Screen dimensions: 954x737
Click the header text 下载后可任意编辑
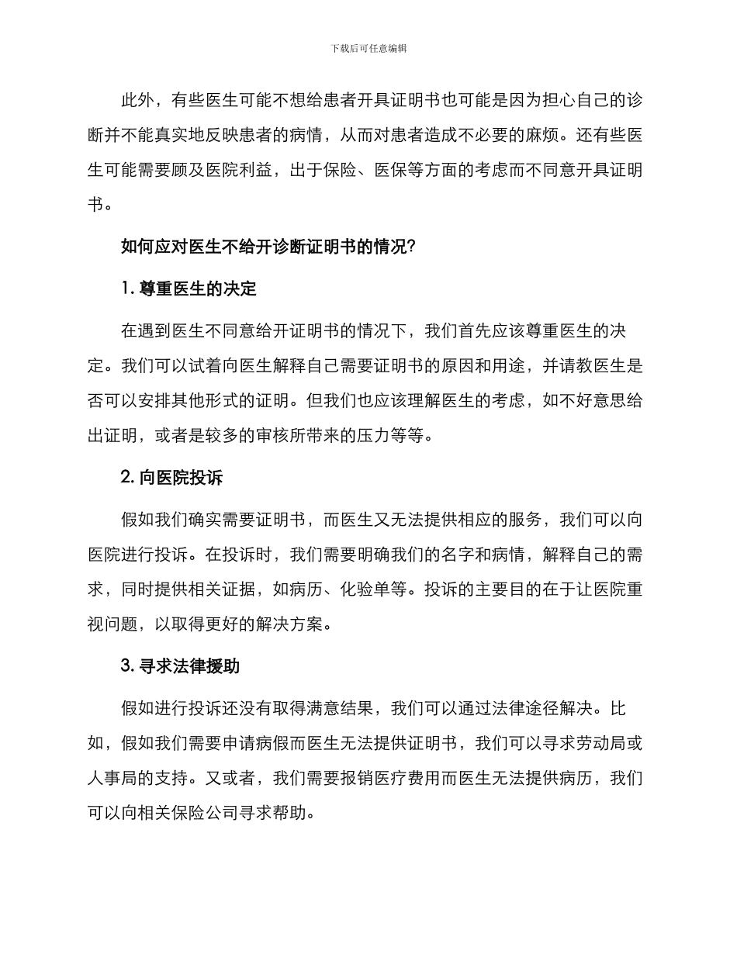[368, 48]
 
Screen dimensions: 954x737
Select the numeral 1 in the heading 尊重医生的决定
[126, 289]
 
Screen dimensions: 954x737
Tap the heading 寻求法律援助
[194, 666]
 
